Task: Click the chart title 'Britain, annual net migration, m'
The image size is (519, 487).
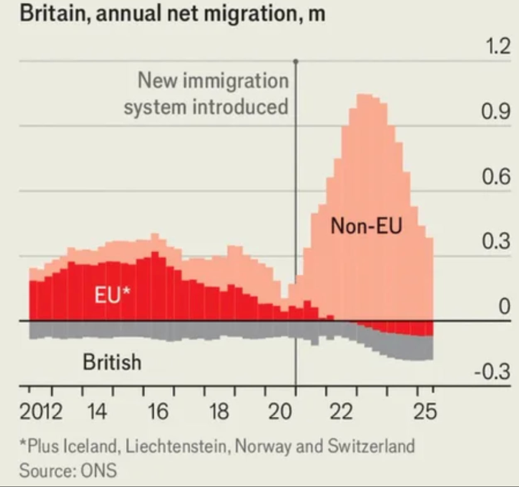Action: [172, 13]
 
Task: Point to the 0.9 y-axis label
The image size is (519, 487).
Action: [496, 111]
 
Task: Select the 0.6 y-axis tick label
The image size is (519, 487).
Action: [496, 176]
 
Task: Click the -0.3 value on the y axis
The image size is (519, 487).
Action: [492, 371]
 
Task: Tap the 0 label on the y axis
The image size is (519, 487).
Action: [504, 306]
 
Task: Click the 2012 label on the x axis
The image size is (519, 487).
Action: [41, 411]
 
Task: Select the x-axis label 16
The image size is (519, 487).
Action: [158, 411]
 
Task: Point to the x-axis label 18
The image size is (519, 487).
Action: [219, 411]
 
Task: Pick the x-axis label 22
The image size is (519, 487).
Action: [341, 411]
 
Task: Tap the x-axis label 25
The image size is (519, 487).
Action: [425, 411]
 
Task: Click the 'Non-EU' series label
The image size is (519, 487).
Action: [366, 226]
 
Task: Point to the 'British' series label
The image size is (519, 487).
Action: [112, 362]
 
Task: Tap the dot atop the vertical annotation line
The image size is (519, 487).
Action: [296, 61]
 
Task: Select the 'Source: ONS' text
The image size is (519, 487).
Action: [68, 470]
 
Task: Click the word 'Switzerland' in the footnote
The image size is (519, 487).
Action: [371, 446]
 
